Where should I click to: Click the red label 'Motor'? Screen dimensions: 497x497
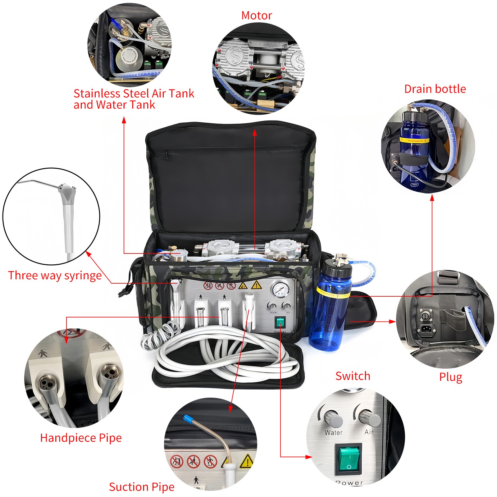(x=257, y=16)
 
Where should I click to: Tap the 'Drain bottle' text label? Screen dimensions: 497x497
(x=435, y=89)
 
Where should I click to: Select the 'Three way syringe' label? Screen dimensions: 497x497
(x=55, y=276)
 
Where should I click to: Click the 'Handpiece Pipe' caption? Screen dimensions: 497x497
(x=81, y=438)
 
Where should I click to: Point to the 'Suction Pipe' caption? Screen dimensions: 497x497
(x=142, y=487)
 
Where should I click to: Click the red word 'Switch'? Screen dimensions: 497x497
(x=353, y=376)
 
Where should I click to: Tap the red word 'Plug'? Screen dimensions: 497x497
(x=450, y=377)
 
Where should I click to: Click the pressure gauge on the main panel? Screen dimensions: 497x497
(x=280, y=289)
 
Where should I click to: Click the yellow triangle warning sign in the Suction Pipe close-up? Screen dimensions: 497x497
(x=247, y=461)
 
